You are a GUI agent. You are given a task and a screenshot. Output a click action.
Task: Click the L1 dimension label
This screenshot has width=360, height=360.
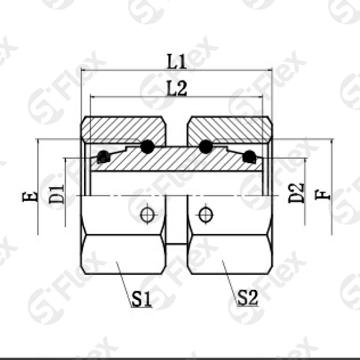(x=176, y=61)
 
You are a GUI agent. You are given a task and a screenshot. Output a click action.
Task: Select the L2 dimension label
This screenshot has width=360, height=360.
(x=176, y=88)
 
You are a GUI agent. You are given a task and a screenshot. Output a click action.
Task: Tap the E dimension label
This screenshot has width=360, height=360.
(x=30, y=197)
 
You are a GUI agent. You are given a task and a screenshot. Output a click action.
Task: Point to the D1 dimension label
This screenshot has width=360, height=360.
(x=56, y=195)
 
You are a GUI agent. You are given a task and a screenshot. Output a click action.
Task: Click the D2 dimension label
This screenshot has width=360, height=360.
(x=296, y=193)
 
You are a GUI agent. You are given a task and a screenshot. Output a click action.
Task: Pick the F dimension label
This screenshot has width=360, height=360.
(x=323, y=194)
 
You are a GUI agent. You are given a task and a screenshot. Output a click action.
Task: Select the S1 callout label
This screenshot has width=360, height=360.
(x=142, y=299)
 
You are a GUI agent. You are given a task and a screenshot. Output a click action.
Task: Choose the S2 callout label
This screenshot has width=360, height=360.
(x=247, y=298)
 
